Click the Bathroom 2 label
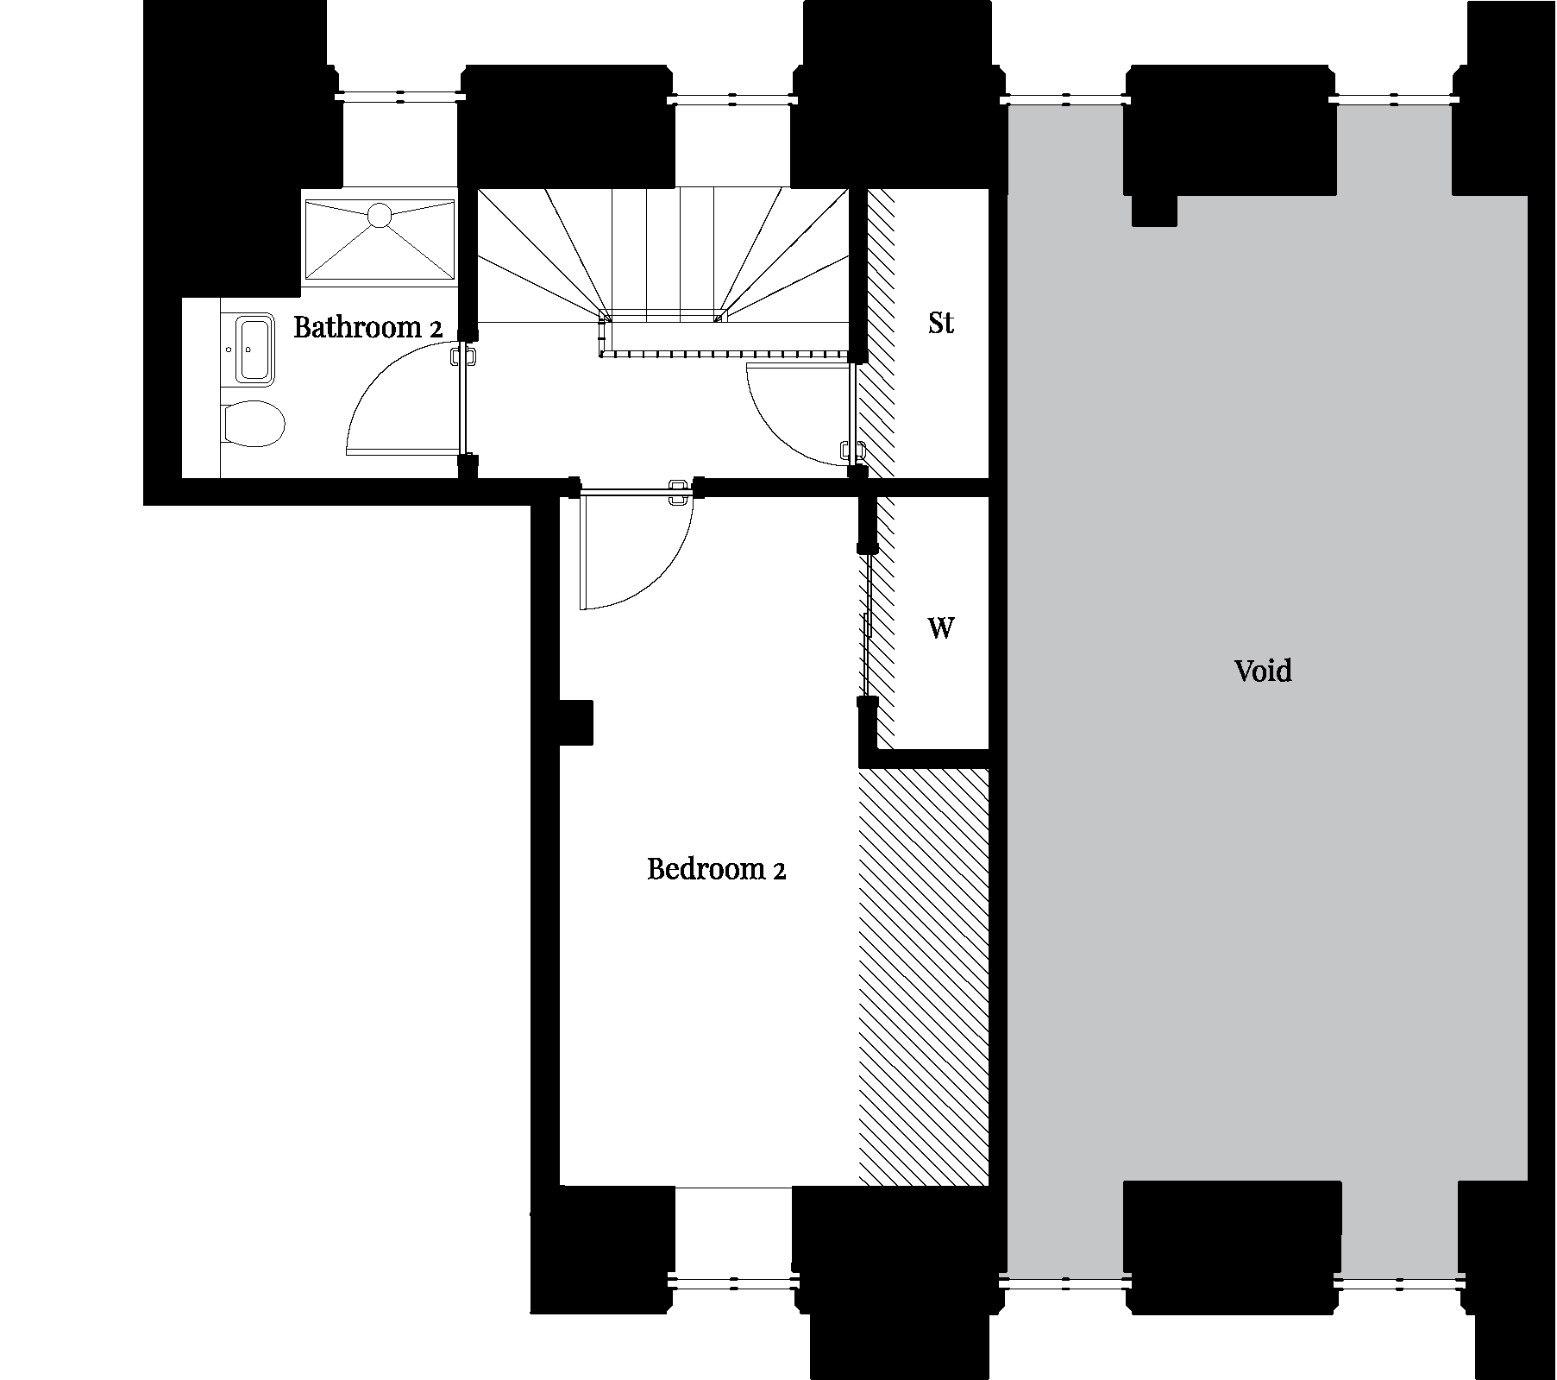pyautogui.click(x=367, y=328)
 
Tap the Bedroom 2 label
pyautogui.click(x=716, y=868)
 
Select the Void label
pyautogui.click(x=1263, y=671)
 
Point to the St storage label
pyautogui.click(x=941, y=323)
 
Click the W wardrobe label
pyautogui.click(x=941, y=627)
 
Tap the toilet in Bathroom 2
pyautogui.click(x=253, y=424)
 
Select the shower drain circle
pyautogui.click(x=380, y=214)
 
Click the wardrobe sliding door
pyautogui.click(x=868, y=626)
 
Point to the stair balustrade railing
pyautogui.click(x=725, y=352)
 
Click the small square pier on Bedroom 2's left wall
pyautogui.click(x=576, y=722)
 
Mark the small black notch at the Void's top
pyautogui.click(x=1154, y=210)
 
